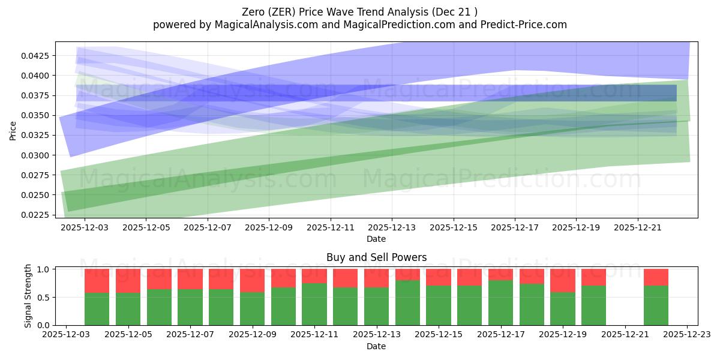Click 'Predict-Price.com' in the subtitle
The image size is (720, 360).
click(x=524, y=25)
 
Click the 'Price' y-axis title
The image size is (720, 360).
click(x=13, y=130)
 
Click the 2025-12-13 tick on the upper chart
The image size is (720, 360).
click(x=392, y=228)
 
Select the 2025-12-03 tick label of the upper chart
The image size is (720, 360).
click(x=84, y=228)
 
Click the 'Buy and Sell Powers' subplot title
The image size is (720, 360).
click(x=376, y=257)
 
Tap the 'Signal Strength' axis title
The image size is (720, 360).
click(x=28, y=296)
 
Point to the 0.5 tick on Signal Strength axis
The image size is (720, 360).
click(x=45, y=297)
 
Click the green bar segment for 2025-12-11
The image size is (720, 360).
click(x=314, y=304)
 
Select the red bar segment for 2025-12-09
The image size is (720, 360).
click(x=252, y=280)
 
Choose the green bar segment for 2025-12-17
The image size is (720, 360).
click(x=500, y=303)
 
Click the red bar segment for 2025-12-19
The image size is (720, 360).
click(x=562, y=280)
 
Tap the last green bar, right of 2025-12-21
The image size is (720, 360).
click(x=656, y=305)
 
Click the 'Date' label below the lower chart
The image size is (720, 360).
click(x=376, y=346)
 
